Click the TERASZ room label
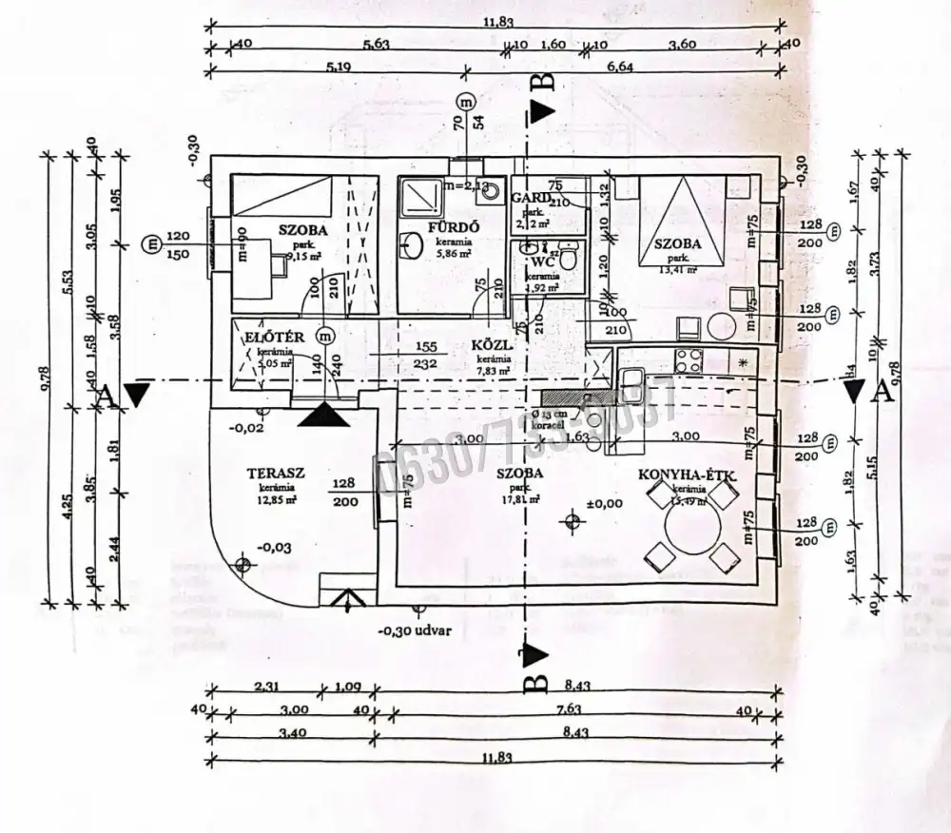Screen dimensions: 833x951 pos(275,473)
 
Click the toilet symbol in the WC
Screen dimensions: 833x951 pos(568,257)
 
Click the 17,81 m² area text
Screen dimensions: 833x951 pos(521,499)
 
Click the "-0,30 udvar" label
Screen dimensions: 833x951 pos(415,629)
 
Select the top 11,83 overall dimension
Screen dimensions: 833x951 pos(494,24)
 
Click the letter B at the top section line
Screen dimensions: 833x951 pos(544,83)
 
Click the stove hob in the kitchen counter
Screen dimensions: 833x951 pos(687,360)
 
